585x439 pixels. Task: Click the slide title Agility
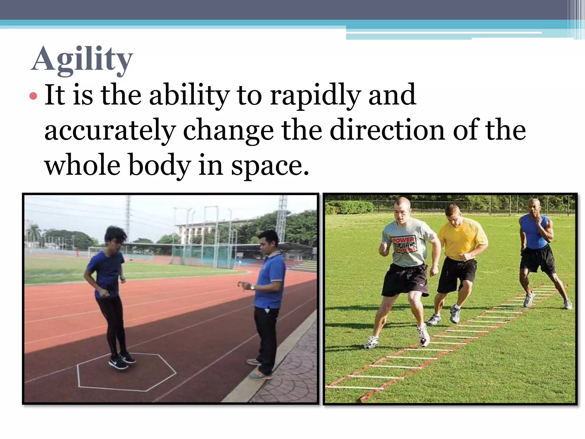(82, 59)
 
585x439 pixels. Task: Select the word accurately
(110, 131)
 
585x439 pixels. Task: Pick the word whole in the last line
(82, 165)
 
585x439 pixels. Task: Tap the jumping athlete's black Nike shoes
(122, 361)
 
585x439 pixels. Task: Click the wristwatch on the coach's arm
(252, 287)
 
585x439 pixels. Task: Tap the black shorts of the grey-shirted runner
(404, 280)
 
